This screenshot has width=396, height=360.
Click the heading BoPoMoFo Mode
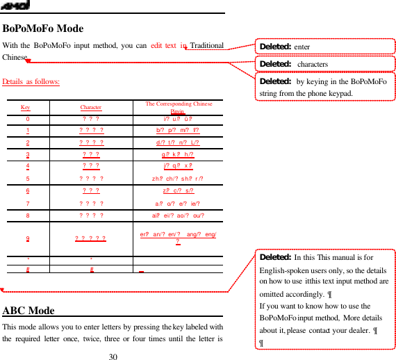tap(43, 29)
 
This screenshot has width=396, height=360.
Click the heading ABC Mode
tap(29, 311)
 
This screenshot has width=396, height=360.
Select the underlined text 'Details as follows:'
tap(31, 82)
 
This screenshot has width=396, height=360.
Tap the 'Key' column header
tap(26, 108)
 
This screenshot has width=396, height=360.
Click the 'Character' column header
tap(91, 108)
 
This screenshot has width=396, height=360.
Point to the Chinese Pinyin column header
tap(179, 107)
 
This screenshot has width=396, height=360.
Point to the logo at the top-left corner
tap(15, 6)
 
